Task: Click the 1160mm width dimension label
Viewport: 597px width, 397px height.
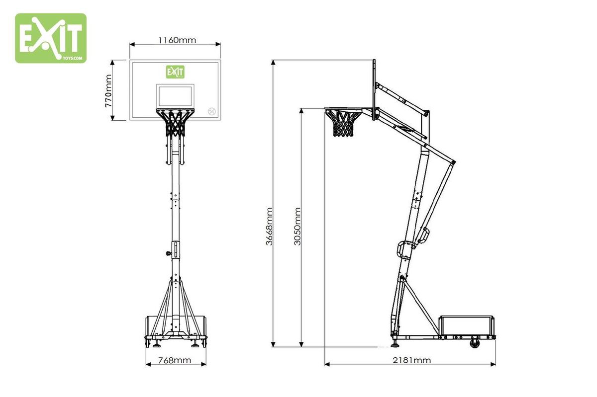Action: click(177, 40)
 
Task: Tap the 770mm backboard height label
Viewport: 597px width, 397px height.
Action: click(108, 91)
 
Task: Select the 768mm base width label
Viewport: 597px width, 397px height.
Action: click(175, 361)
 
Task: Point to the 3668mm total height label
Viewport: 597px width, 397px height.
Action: click(270, 227)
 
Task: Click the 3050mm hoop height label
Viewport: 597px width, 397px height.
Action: click(297, 227)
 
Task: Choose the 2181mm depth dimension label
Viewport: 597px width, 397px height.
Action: click(412, 361)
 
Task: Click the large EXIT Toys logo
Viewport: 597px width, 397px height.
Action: click(51, 38)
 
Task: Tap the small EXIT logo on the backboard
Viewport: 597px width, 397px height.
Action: click(175, 72)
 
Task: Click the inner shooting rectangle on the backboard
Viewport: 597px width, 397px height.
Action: click(175, 96)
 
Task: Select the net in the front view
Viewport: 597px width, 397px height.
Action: click(175, 123)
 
